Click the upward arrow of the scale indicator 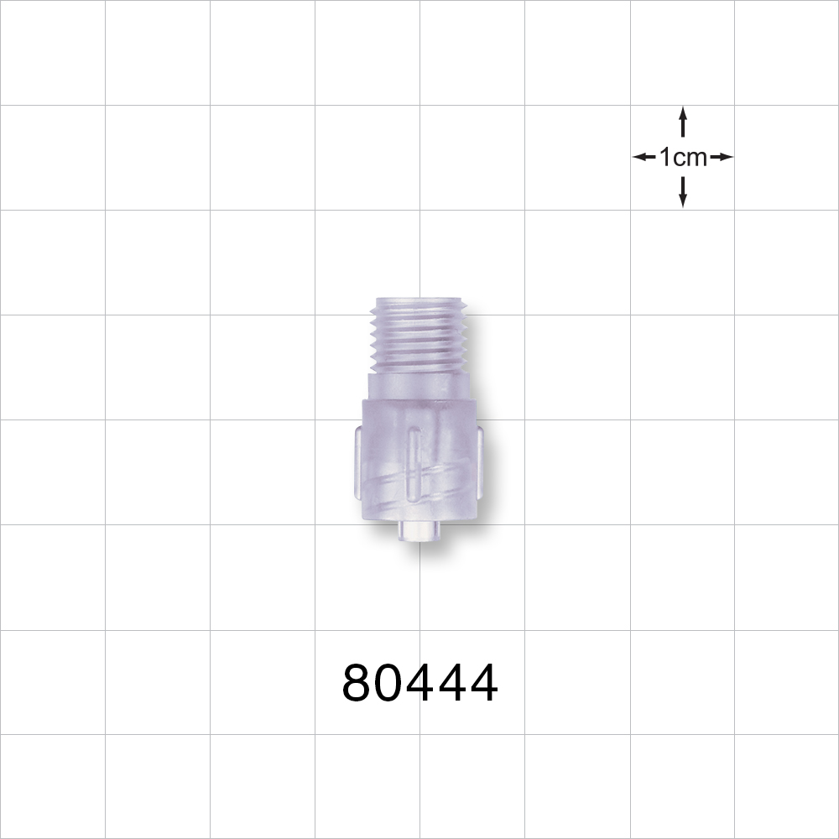click(x=683, y=122)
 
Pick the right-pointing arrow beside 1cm click(x=722, y=157)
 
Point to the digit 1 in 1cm click(x=664, y=157)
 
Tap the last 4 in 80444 click(x=483, y=683)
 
